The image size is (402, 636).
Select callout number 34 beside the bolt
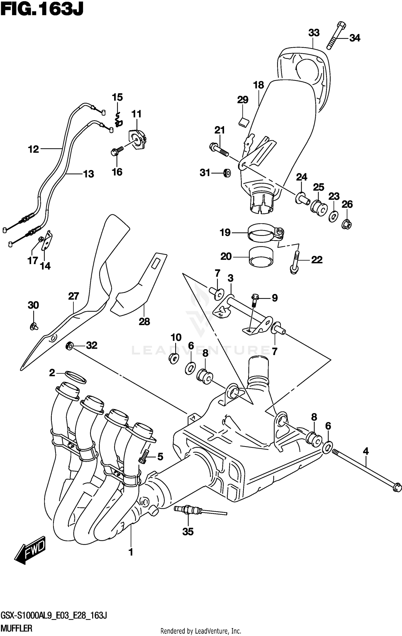pos(355,38)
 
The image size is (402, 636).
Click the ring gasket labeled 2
pos(76,377)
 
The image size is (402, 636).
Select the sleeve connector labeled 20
pos(261,257)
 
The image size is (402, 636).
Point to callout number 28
pos(144,321)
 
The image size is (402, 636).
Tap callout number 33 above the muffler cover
pos(314,33)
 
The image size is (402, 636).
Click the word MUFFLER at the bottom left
pos(17,628)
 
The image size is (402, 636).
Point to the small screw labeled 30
pos(34,326)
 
